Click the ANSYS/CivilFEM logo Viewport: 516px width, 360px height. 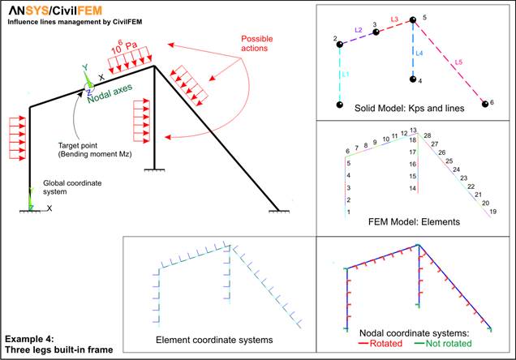tap(55, 11)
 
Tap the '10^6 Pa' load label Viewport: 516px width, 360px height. tap(124, 48)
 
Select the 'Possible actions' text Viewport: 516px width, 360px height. tap(256, 44)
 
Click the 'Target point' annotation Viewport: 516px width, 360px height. tap(78, 145)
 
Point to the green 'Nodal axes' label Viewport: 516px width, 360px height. tap(110, 93)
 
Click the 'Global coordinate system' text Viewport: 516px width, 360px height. tap(72, 187)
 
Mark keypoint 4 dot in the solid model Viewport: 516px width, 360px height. tap(413, 79)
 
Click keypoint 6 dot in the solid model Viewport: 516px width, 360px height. tap(485, 104)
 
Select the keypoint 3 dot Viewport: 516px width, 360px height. tap(376, 32)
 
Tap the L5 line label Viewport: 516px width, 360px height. tap(458, 62)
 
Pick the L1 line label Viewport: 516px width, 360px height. tap(345, 75)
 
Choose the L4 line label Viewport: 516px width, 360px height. tap(419, 53)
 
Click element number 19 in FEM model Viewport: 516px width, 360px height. tap(492, 212)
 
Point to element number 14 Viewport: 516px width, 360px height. tap(413, 188)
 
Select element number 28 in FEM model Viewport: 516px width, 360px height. tap(427, 135)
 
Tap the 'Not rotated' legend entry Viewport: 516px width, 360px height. tap(443, 344)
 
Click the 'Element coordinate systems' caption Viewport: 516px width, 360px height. tap(214, 340)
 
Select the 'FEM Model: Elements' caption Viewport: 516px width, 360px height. tap(414, 222)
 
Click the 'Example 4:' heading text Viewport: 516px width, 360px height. tap(30, 339)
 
